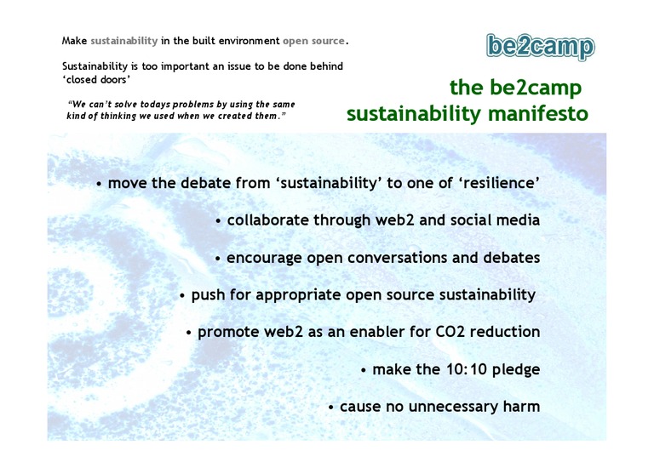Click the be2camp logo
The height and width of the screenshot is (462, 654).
541,47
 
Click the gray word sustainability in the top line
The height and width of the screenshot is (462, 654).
124,41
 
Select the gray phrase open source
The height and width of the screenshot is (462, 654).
313,41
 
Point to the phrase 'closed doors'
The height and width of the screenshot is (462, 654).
96,79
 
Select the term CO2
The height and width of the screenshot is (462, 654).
450,332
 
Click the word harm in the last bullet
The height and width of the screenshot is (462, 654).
521,406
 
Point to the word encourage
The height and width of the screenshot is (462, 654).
264,259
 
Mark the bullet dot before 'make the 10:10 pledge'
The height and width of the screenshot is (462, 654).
364,370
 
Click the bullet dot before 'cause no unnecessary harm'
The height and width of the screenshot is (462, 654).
330,407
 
